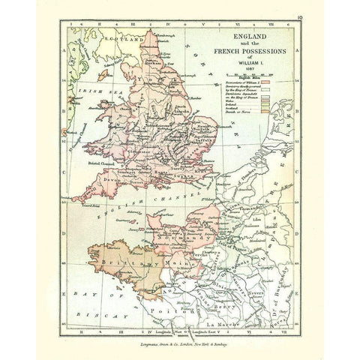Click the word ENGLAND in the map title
tap(252, 34)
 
